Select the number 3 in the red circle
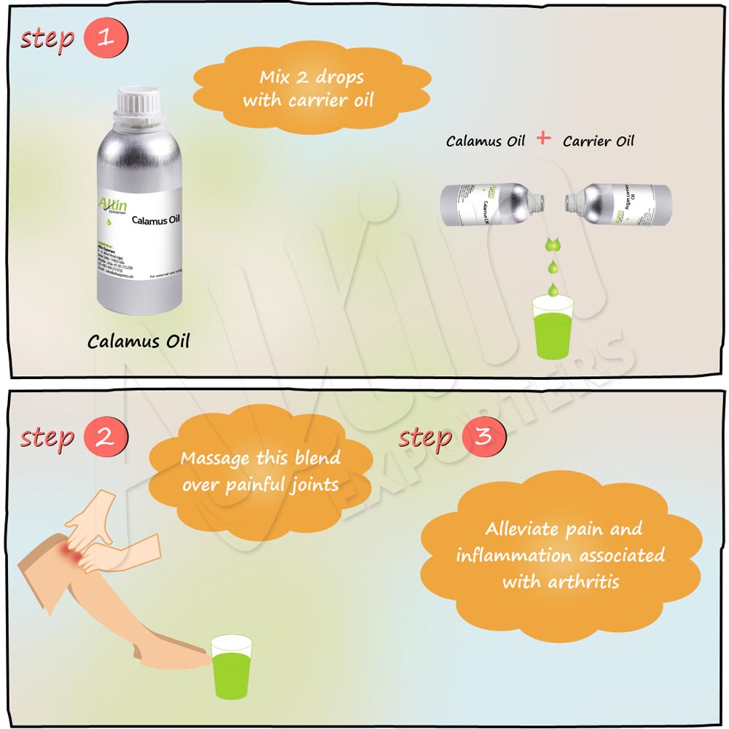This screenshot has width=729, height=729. (x=483, y=437)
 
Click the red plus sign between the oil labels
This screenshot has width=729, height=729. (x=543, y=139)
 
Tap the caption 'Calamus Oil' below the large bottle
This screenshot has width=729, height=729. (x=139, y=341)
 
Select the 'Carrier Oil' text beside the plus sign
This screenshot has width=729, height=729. (x=599, y=141)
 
